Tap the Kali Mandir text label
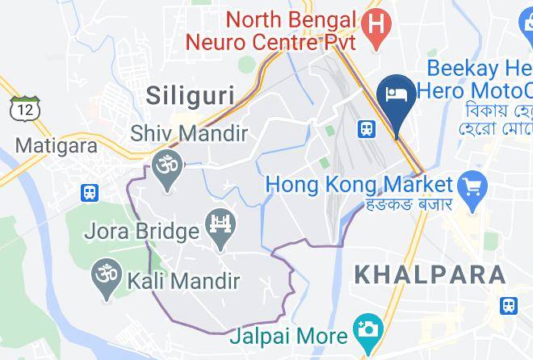click(183, 281)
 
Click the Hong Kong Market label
click(359, 186)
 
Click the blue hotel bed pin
click(397, 96)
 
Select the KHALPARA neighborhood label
click(430, 274)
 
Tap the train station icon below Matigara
click(88, 193)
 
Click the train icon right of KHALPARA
click(509, 306)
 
